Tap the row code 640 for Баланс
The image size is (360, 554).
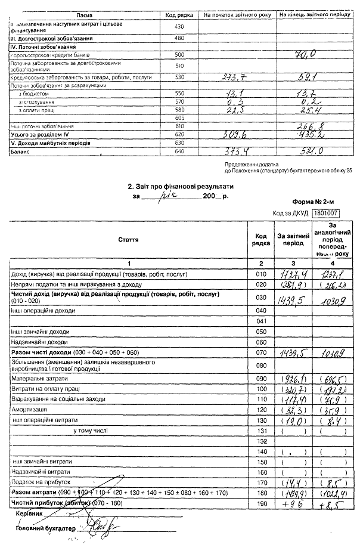pyautogui.click(x=179, y=153)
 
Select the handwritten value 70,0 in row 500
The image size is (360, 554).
pyautogui.click(x=310, y=55)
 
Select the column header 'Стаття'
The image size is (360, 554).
pyautogui.click(x=129, y=240)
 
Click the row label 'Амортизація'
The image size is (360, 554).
pyautogui.click(x=29, y=411)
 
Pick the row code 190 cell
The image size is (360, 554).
pyautogui.click(x=259, y=504)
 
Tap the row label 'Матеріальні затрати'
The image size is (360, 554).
pyautogui.click(x=40, y=378)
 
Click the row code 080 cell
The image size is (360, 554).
pyautogui.click(x=259, y=364)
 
